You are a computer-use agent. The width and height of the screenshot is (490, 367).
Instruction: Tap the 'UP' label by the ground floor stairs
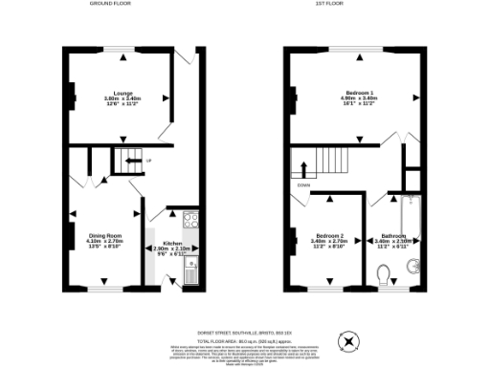pyautogui.click(x=148, y=161)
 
